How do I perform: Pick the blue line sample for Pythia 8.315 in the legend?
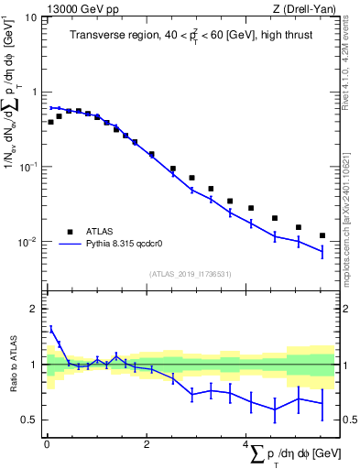(70, 245)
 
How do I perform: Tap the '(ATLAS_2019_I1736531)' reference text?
(190, 274)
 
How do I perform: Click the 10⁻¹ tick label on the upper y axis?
(27, 167)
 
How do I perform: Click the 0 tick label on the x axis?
(47, 443)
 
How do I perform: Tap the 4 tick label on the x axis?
(245, 443)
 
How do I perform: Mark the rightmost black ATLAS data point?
(322, 235)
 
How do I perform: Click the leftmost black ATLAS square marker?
(51, 122)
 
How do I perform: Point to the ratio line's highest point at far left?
(51, 327)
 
